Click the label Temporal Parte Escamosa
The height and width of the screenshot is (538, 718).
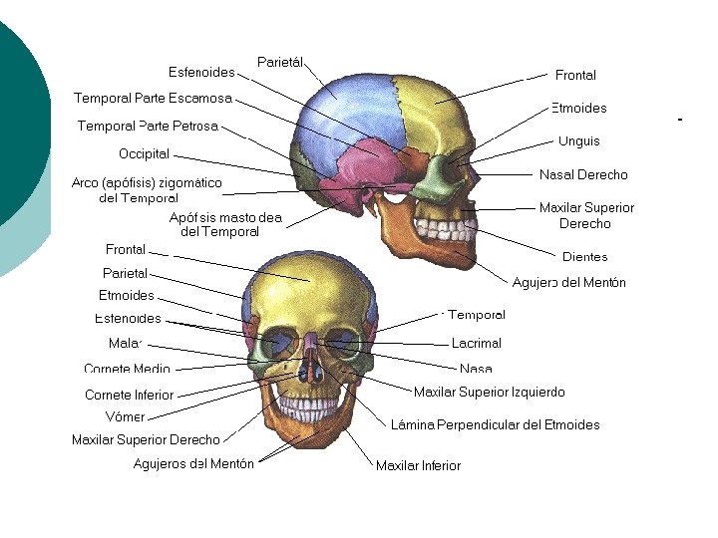153,98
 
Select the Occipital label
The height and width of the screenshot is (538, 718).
145,154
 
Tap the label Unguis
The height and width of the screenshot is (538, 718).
579,141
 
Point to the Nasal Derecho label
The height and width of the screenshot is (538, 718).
583,175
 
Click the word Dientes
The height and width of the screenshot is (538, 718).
584,257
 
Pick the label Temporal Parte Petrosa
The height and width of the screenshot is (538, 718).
148,127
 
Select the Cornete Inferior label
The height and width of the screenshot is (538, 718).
129,396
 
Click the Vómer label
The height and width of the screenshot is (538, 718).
126,417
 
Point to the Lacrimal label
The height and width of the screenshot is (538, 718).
477,343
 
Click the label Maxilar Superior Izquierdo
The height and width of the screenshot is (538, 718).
489,393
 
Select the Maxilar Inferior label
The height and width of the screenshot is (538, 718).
418,465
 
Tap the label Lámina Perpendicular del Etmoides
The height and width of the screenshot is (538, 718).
495,425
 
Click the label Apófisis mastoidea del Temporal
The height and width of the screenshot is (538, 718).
225,224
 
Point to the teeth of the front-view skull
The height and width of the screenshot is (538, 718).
309,406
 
